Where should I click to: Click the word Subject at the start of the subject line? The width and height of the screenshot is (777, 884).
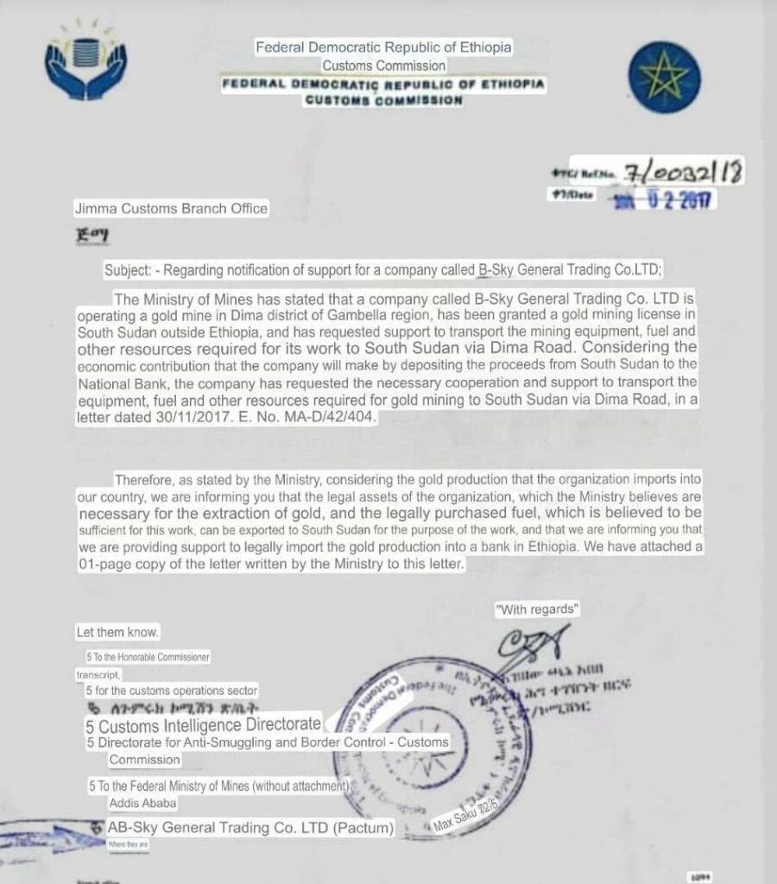click(126, 269)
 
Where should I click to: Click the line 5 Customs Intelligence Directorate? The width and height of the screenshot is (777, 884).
click(204, 725)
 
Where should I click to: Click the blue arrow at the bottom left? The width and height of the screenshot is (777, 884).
click(43, 835)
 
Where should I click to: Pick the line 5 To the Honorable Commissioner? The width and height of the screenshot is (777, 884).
click(148, 658)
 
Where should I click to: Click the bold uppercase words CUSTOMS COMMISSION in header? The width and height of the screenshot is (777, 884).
click(384, 101)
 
